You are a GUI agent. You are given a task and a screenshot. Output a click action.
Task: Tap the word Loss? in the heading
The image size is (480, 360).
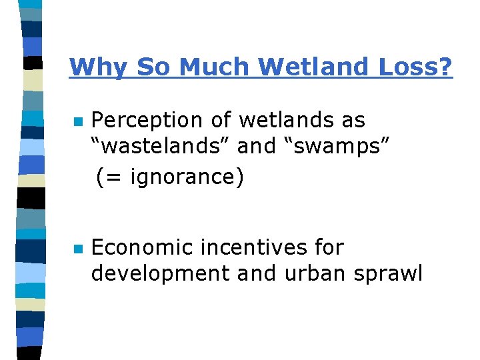pos(417,67)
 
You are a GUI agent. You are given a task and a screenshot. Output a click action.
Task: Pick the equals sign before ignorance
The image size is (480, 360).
pos(111,178)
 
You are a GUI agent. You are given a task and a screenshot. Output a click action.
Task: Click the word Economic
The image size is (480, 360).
pos(141,248)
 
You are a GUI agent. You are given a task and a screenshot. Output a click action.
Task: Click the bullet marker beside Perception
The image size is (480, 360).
pos(77,122)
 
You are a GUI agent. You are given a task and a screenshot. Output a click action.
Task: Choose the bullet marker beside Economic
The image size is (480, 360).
pos(77,249)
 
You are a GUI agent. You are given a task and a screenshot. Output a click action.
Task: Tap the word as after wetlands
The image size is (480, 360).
pos(353,121)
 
